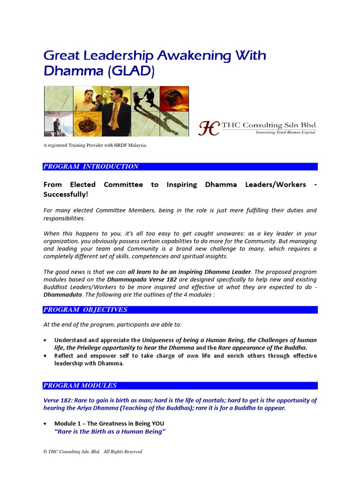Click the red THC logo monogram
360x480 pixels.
[x=208, y=128]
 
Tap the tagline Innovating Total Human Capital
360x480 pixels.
[x=285, y=133]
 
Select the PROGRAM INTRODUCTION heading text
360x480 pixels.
[x=91, y=166]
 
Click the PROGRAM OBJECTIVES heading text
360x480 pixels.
[x=85, y=310]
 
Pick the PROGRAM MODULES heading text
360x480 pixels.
[x=80, y=386]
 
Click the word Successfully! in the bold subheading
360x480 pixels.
[x=65, y=195]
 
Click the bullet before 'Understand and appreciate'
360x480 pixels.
[x=45, y=340]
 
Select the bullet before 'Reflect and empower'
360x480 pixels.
[x=45, y=356]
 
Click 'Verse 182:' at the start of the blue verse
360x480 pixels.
[x=59, y=400]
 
